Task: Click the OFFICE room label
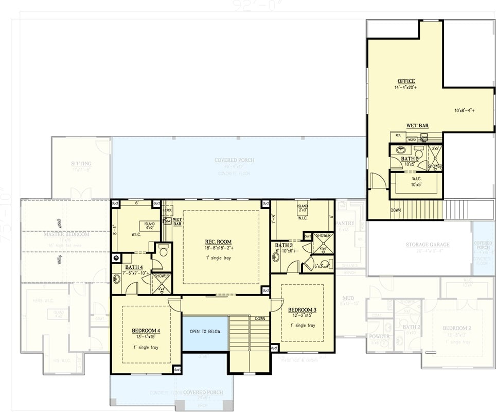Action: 406,81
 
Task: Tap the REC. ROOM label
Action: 218,242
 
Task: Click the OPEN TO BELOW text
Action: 204,331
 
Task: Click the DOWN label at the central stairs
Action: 260,319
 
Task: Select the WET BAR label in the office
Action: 417,125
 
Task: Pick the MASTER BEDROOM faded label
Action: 66,234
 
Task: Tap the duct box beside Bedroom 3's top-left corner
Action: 265,290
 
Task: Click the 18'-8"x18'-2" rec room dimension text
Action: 218,248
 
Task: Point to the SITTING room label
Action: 81,164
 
